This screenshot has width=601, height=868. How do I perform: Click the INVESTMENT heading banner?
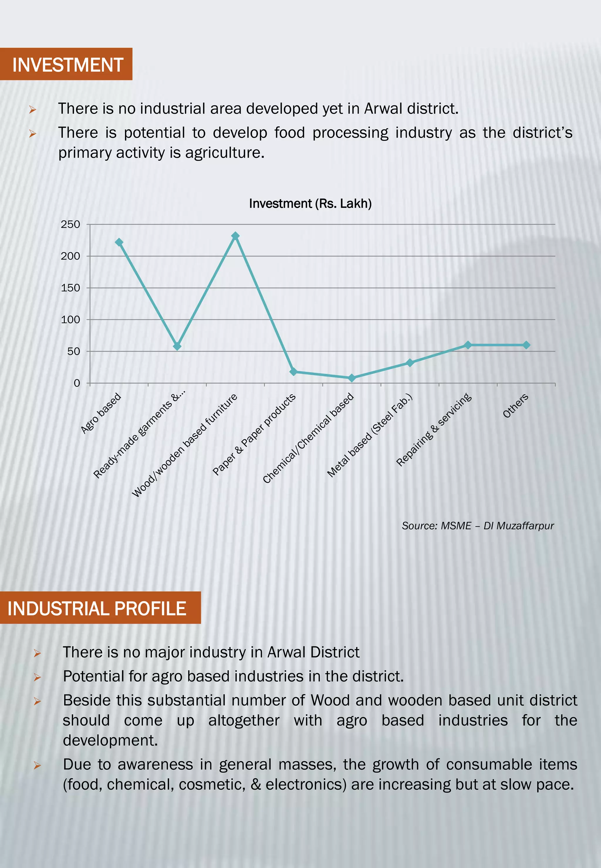coord(66,64)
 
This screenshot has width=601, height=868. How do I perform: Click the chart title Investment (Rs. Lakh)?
coord(310,204)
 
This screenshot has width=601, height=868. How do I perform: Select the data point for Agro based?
coord(119,242)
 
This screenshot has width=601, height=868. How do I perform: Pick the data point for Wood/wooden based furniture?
coord(235,236)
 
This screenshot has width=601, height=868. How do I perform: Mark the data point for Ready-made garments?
coord(177,346)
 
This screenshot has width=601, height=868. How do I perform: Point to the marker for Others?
coord(526,345)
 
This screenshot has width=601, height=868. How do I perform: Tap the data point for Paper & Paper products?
coord(293,372)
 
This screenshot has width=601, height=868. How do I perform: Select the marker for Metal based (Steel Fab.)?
coord(410,363)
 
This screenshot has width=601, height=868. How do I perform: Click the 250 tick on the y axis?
coord(70,224)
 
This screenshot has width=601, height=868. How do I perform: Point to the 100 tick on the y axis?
coord(70,319)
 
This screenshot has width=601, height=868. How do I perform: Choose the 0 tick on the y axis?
coord(77,383)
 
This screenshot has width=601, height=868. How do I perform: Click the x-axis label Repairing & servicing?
coord(434,429)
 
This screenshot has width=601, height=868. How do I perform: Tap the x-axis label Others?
coord(516,406)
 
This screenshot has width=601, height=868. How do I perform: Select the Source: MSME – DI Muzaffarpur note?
coord(477,526)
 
